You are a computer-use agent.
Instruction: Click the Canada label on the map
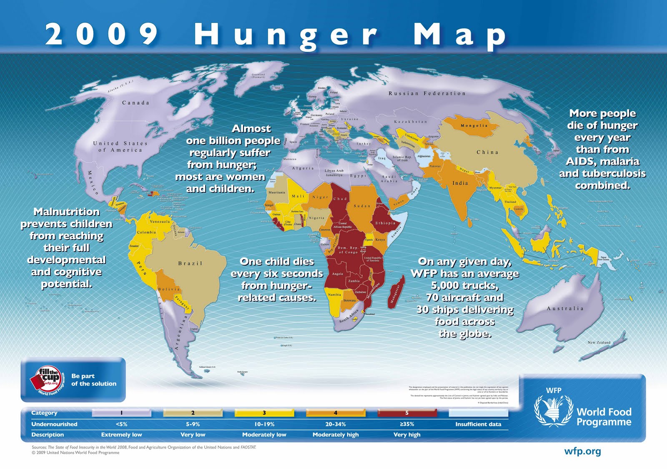(x=135, y=103)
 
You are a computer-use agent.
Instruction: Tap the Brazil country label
(x=190, y=263)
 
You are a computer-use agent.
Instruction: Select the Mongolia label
(x=474, y=125)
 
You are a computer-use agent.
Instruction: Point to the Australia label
(x=565, y=308)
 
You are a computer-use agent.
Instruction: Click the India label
(x=460, y=183)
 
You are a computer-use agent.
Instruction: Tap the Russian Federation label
(x=427, y=93)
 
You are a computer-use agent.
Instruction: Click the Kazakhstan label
(x=411, y=122)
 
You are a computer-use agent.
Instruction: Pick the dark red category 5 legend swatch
(x=407, y=413)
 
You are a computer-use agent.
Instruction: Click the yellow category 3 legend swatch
(x=264, y=413)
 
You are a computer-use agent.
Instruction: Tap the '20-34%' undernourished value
(x=336, y=424)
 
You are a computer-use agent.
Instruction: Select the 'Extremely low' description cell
(x=121, y=434)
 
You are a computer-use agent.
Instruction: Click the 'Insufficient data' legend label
(x=478, y=424)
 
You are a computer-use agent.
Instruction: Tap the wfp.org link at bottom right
(x=582, y=451)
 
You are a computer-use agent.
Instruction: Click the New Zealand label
(x=599, y=342)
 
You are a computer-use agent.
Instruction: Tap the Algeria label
(x=303, y=168)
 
